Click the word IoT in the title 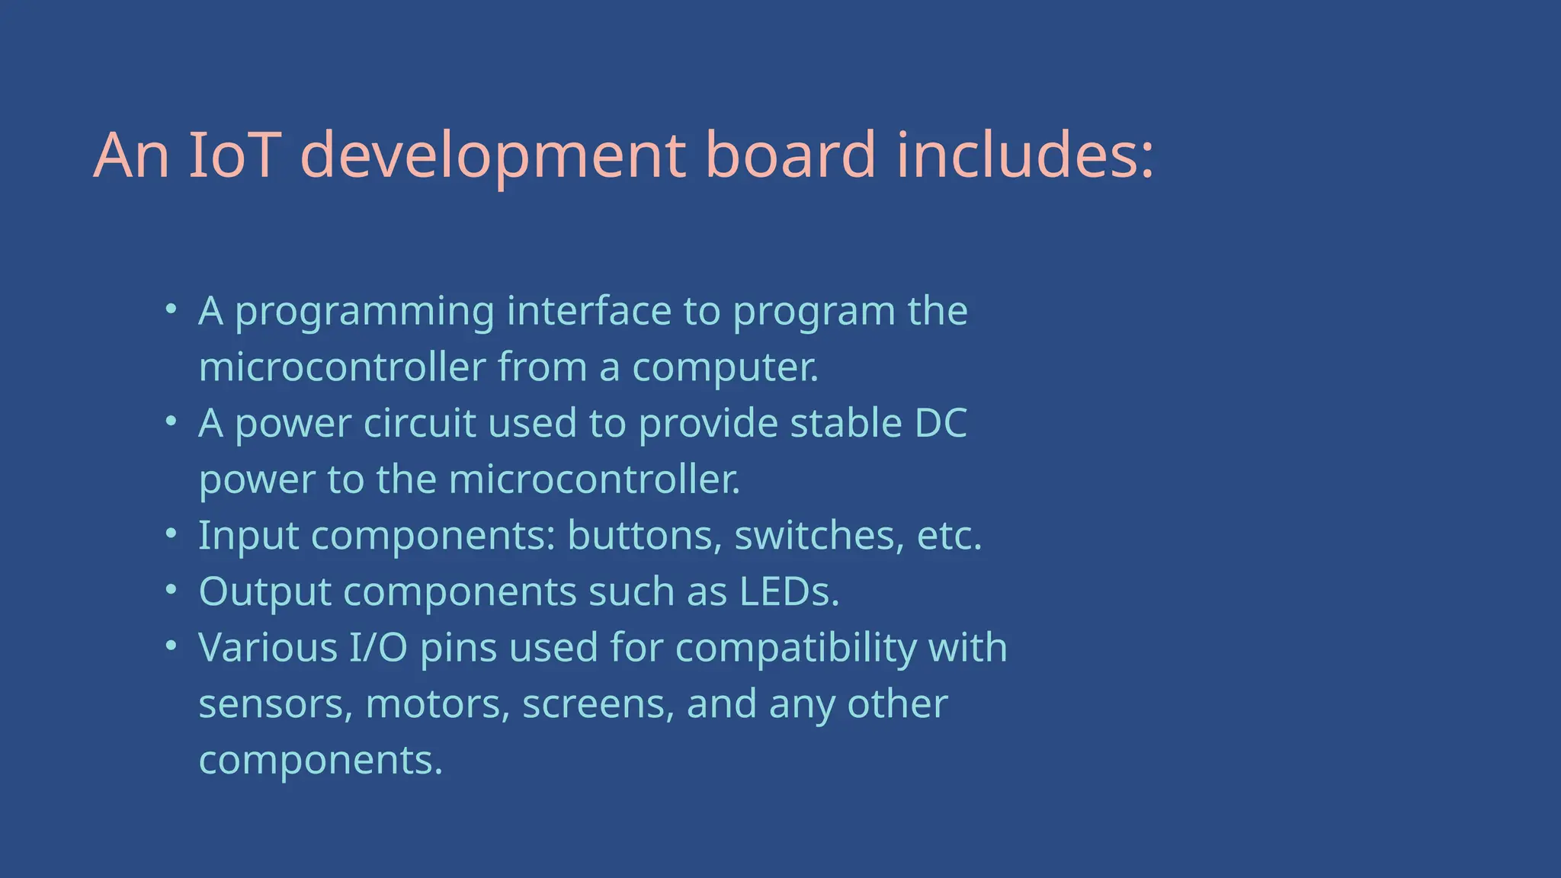[232, 155]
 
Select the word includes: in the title [1024, 155]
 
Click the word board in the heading [791, 155]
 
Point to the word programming [364, 312]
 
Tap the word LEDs [789, 592]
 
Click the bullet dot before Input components [171, 533]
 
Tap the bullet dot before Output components [171, 589]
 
